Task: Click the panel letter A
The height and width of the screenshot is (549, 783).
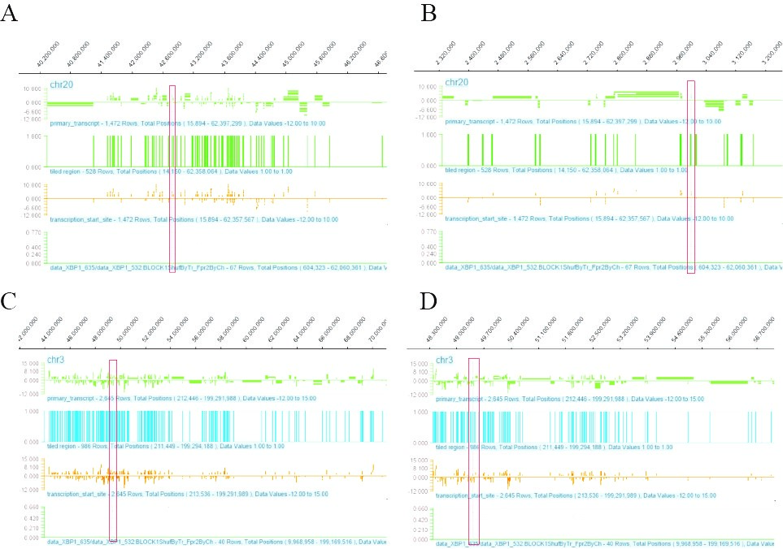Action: coord(10,15)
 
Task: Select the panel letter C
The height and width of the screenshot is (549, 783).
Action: coord(10,301)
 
